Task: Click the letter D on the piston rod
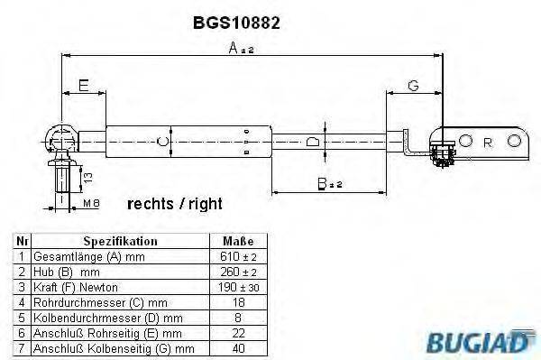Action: pos(311,142)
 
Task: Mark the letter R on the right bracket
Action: pos(488,142)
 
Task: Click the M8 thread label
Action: pos(90,205)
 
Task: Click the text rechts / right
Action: pos(174,204)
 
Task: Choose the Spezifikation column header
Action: pos(120,242)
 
